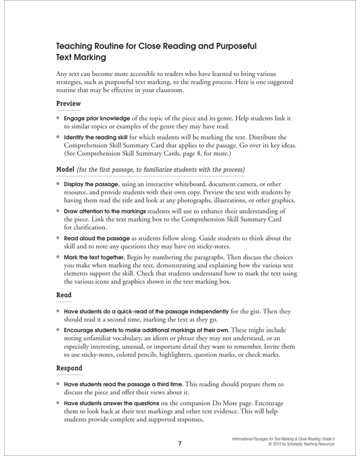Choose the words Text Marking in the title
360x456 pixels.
point(82,58)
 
